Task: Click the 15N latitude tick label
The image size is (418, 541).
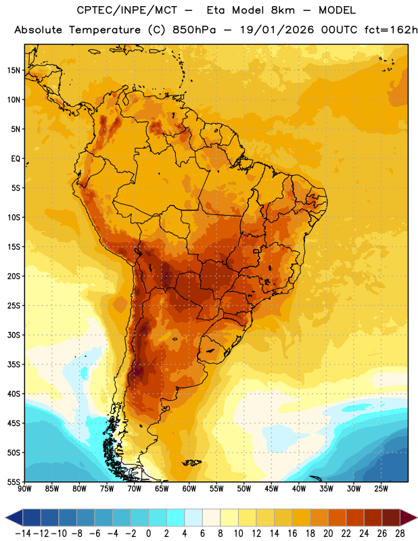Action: pos(14,70)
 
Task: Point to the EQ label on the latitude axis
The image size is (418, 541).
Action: pos(16,159)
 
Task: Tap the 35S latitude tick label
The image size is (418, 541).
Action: pos(14,364)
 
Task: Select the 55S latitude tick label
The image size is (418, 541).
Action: pos(14,481)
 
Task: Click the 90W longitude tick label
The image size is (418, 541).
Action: pos(25,489)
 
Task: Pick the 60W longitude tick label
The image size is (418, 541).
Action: pos(189,489)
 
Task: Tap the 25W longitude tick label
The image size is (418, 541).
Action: pos(381,489)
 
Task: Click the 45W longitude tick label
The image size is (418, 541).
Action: pos(272,489)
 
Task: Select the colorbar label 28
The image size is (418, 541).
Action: pos(400,534)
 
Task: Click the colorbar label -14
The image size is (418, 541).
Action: pos(23,534)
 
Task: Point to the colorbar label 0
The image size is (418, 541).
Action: pos(148,534)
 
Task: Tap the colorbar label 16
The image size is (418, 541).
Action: pos(292,534)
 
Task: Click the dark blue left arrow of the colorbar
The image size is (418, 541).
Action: pos(14,517)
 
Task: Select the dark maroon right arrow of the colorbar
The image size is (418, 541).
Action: pos(409,517)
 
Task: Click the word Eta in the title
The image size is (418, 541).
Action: pos(216,10)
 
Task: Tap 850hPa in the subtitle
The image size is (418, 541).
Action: pos(194,30)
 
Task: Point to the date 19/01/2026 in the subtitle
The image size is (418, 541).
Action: pos(277,30)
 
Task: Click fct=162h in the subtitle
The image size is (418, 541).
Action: pos(391,30)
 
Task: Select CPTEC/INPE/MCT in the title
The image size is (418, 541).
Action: pos(126,10)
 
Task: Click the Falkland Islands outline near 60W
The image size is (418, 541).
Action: pos(192,463)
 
